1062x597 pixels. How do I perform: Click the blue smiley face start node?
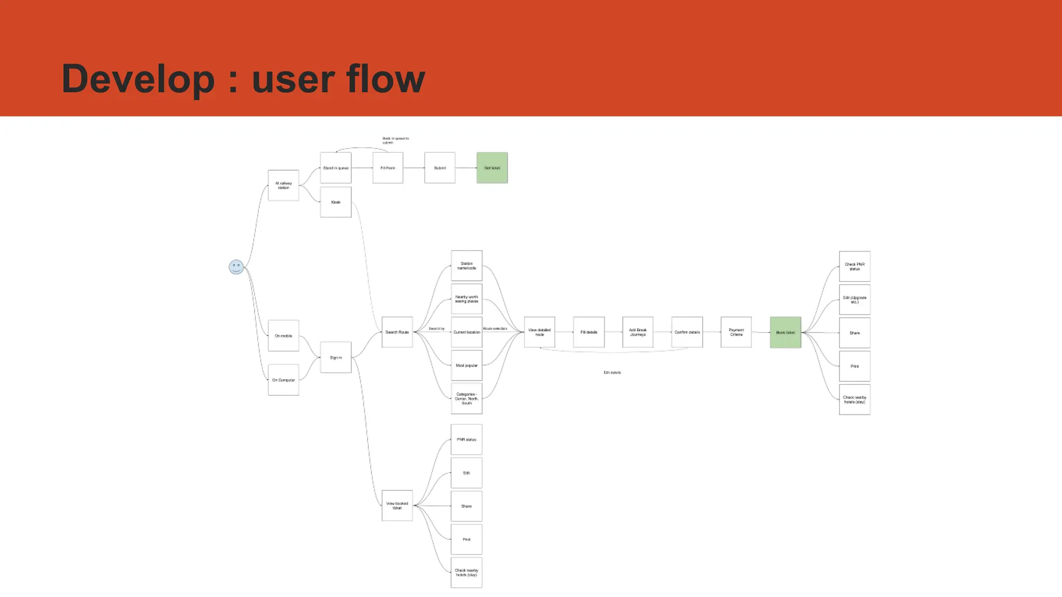click(x=236, y=267)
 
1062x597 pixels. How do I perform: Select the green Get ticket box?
click(x=492, y=168)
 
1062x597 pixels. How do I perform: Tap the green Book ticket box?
click(x=785, y=332)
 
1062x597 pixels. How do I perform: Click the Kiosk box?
click(x=336, y=202)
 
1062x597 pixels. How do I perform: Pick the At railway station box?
click(x=283, y=186)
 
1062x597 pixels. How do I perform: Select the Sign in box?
click(x=336, y=358)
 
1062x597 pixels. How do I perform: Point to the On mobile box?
click(x=283, y=336)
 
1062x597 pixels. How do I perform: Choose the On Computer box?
click(x=283, y=380)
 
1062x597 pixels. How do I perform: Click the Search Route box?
click(x=397, y=332)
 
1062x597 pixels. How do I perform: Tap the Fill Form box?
click(x=388, y=168)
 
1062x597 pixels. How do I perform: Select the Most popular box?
click(x=467, y=365)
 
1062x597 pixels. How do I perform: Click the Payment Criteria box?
click(x=736, y=332)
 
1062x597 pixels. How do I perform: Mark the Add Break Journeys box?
click(x=637, y=332)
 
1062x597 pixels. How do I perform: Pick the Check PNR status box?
click(x=855, y=266)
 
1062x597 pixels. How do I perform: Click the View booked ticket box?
click(x=397, y=505)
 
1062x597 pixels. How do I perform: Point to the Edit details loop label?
click(x=612, y=373)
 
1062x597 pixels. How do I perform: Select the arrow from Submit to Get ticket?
click(x=466, y=168)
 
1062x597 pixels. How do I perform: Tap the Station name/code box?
click(x=467, y=266)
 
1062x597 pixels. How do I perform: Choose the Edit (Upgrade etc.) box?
click(x=855, y=300)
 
